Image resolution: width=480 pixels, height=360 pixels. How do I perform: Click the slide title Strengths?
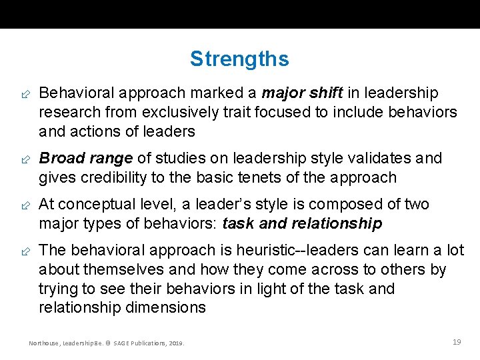point(239,59)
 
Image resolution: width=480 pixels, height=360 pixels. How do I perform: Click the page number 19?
point(457,342)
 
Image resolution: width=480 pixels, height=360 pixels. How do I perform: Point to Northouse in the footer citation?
point(44,343)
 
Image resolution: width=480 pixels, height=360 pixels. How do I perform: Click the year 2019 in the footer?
point(177,343)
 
